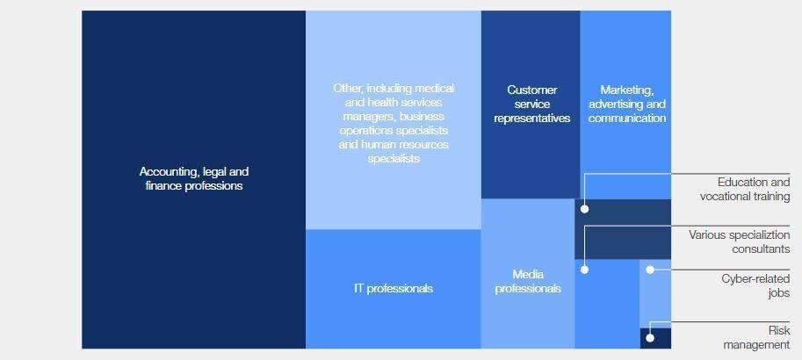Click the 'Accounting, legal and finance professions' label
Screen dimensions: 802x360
194,178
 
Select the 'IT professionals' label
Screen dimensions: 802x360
394,288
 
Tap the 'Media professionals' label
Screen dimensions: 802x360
528,282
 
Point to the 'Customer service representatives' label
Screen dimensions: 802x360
532,104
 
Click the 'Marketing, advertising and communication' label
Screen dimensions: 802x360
627,104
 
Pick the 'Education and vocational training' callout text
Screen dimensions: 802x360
745,189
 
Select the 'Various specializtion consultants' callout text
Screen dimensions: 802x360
739,241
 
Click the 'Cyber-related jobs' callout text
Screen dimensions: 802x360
755,286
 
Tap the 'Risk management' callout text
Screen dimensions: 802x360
756,337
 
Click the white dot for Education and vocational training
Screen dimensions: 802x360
585,209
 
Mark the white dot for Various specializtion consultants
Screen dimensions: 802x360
585,270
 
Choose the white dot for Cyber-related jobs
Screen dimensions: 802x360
650,270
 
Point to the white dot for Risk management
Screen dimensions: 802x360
650,338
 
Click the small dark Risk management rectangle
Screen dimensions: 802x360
655,339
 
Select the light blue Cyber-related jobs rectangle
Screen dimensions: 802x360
655,294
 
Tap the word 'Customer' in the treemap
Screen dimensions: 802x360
532,90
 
